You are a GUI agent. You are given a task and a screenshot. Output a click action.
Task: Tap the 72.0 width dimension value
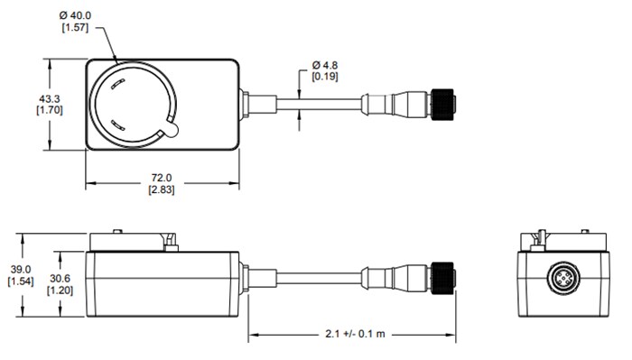click(163, 178)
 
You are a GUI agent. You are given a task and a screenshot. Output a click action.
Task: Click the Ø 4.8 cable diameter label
click(326, 66)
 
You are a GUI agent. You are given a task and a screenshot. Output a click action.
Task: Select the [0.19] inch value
click(326, 78)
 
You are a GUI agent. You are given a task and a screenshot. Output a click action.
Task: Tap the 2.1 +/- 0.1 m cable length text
click(352, 334)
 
